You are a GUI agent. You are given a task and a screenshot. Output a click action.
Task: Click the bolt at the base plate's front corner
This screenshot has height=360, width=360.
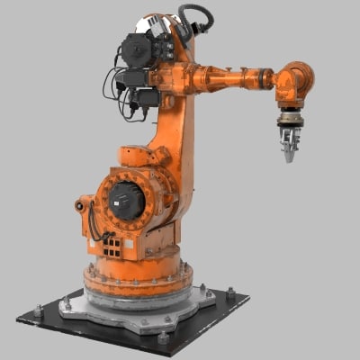[163, 338]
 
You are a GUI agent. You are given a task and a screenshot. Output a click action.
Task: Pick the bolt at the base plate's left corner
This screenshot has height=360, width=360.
[38, 311]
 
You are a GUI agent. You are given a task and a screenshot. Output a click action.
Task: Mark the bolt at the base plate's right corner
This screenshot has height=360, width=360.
[230, 293]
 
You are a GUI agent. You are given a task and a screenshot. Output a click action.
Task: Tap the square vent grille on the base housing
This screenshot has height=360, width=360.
[110, 245]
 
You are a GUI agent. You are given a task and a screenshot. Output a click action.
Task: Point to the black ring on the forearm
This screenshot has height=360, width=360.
[266, 79]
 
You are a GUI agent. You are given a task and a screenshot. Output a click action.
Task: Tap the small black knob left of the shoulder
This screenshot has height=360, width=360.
[80, 206]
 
